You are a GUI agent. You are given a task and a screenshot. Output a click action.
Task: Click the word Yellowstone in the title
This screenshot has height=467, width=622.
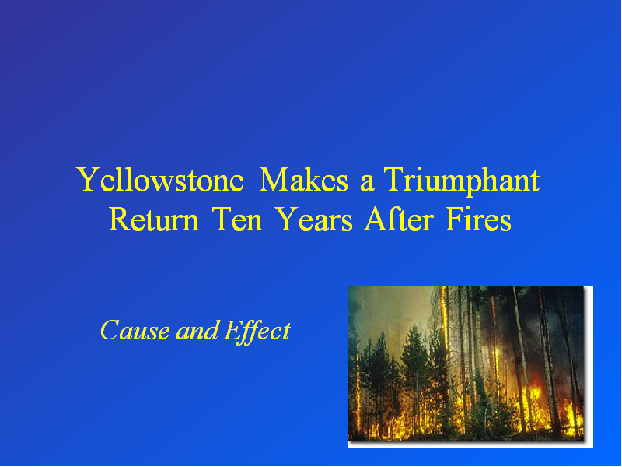(160, 180)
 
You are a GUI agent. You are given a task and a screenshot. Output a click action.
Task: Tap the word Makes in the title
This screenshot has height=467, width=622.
(303, 180)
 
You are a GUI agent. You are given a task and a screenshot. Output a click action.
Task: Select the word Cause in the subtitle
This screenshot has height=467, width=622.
(135, 330)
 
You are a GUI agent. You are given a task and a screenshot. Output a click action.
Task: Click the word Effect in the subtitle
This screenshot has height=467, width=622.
(257, 332)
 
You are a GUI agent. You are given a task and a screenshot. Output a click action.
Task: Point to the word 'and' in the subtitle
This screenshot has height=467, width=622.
(197, 330)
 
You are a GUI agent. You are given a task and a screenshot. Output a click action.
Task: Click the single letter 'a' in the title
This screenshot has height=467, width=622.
(367, 184)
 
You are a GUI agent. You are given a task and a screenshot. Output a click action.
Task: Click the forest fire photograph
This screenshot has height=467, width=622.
(466, 363)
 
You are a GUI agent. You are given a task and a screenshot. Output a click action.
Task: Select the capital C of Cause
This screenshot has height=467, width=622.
(110, 330)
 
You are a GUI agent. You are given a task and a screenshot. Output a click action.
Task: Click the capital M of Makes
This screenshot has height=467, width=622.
(274, 180)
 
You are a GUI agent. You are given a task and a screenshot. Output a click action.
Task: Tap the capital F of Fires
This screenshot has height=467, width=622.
(455, 219)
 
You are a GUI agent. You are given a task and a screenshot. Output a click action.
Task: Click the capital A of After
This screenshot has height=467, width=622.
(376, 219)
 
